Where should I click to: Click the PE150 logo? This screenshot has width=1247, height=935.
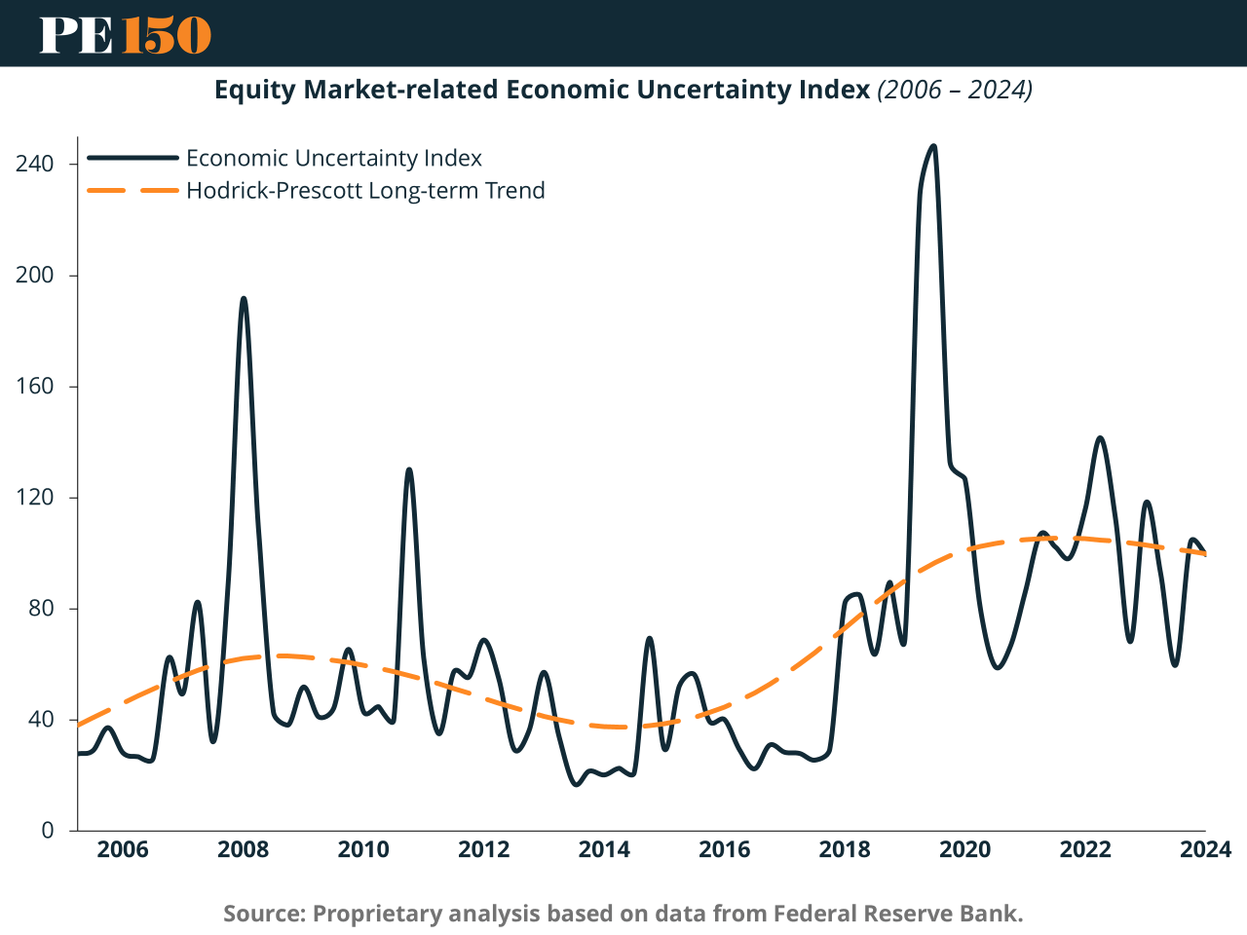coord(125,34)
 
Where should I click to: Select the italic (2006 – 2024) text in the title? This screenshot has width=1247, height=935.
coord(955,90)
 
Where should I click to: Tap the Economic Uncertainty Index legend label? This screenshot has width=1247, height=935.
coord(334,158)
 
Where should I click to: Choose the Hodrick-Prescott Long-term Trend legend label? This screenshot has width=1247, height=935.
coord(365,190)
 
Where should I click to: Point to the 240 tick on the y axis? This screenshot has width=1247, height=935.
coord(34,164)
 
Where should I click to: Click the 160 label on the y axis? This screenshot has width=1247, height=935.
coord(34,386)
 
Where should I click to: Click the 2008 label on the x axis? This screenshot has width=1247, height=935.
coord(244,849)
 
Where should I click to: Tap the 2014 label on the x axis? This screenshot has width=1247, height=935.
coord(604,849)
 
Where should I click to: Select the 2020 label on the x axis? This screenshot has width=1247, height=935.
coord(964,849)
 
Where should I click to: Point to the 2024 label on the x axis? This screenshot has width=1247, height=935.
coord(1205,849)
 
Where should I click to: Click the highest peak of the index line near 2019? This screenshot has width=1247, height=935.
coord(933,146)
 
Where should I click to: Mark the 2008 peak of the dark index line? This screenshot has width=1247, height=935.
coord(244,298)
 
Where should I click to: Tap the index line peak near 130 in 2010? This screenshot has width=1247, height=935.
coord(409,469)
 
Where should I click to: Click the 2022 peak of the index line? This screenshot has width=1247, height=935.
coord(1100,438)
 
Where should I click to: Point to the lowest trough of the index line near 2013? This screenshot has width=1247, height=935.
coord(576,784)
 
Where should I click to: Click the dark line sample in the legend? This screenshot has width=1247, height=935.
coord(132,158)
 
